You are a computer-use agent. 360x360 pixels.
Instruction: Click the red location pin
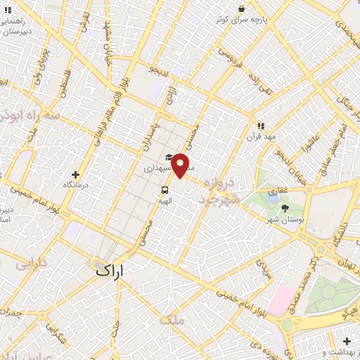point(181,165)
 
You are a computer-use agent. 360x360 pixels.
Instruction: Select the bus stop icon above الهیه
point(165,190)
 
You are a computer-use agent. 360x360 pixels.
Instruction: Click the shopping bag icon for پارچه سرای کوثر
point(241,9)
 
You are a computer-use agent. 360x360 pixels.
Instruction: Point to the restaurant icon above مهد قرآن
point(260,126)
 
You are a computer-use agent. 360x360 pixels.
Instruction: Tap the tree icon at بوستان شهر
point(285,208)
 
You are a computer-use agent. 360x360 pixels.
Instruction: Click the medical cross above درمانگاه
point(76,174)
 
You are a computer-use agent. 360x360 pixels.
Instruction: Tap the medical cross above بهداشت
point(347,341)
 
